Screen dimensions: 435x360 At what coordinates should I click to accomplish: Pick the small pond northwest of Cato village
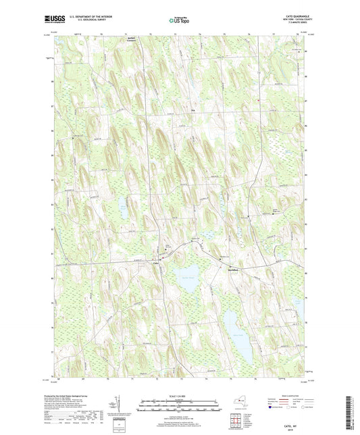124,203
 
